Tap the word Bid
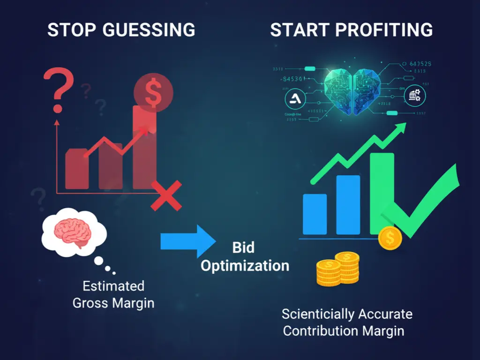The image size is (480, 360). [x=243, y=247]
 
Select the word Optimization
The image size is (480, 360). [x=245, y=266]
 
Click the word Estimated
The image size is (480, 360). [x=113, y=285]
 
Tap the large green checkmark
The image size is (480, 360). [x=422, y=202]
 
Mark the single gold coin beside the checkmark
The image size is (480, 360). [x=390, y=238]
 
